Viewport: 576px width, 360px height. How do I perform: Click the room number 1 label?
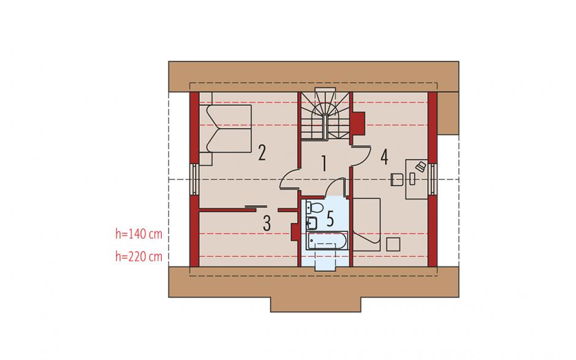tap(324, 164)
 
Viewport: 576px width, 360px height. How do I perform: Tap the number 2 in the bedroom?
tap(262, 153)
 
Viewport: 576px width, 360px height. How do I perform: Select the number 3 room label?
tap(267, 223)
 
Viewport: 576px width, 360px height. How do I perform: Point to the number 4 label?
tap(384, 156)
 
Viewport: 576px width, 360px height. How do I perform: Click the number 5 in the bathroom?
tap(330, 219)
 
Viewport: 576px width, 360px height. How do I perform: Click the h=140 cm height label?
tap(138, 234)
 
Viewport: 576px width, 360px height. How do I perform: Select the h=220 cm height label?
tap(138, 256)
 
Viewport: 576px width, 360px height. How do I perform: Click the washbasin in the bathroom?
tap(312, 223)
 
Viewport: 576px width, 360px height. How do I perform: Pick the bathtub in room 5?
tap(327, 240)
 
